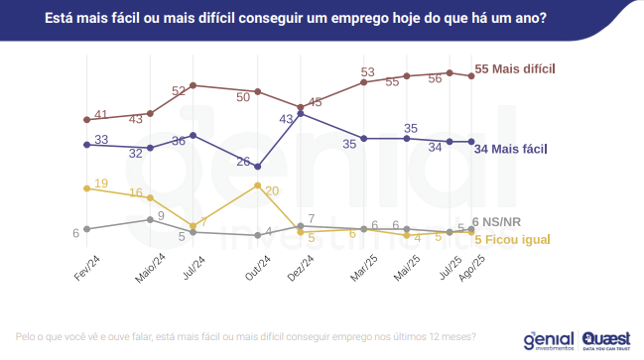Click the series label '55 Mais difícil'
pyautogui.click(x=517, y=69)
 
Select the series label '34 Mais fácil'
pyautogui.click(x=510, y=150)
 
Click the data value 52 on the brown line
pyautogui.click(x=180, y=90)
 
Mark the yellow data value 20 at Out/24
pyautogui.click(x=272, y=190)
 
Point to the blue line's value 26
pyautogui.click(x=243, y=161)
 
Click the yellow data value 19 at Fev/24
pyautogui.click(x=101, y=184)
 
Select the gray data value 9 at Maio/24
pyautogui.click(x=161, y=215)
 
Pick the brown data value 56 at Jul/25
pyautogui.click(x=435, y=78)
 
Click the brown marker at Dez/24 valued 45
pyautogui.click(x=300, y=107)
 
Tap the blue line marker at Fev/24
pyautogui.click(x=87, y=145)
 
